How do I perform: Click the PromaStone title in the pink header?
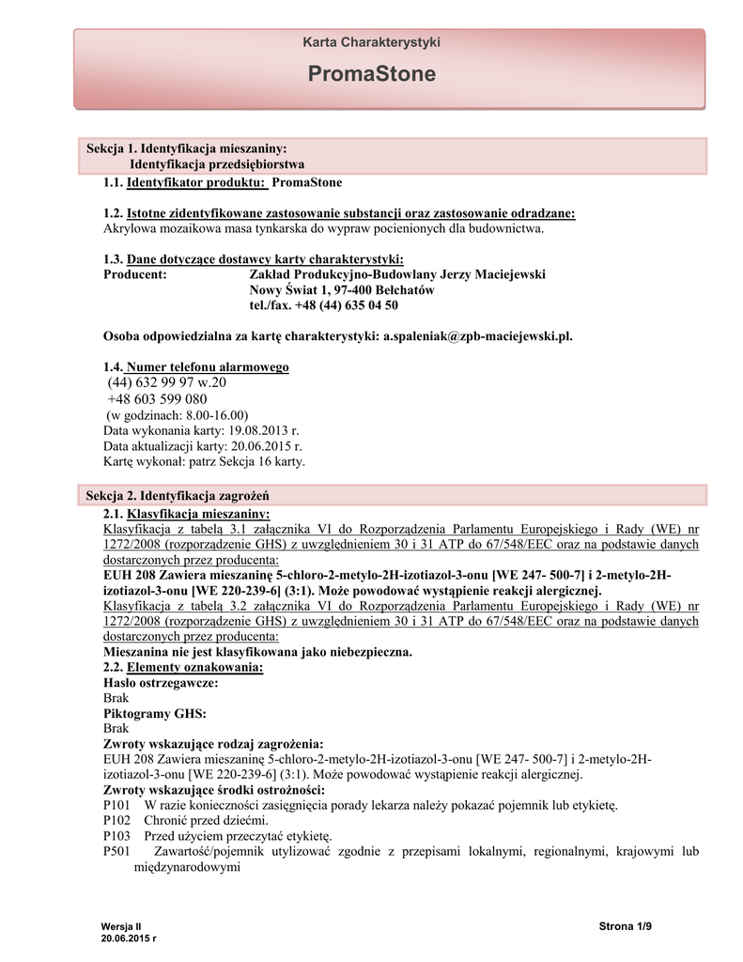(371, 74)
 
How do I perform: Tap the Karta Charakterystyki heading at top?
(371, 42)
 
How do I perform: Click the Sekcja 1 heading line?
(186, 148)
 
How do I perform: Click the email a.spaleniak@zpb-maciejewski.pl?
(477, 335)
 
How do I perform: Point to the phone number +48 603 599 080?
(157, 399)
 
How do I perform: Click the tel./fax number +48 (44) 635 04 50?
(323, 305)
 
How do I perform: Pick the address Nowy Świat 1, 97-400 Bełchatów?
(341, 290)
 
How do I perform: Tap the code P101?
(116, 805)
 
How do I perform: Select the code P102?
(116, 820)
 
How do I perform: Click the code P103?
(116, 836)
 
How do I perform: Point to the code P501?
(116, 852)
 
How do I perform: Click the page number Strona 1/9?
(625, 927)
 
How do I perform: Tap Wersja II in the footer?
(120, 926)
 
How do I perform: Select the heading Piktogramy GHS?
(154, 713)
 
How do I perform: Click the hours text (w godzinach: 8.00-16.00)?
(176, 414)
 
